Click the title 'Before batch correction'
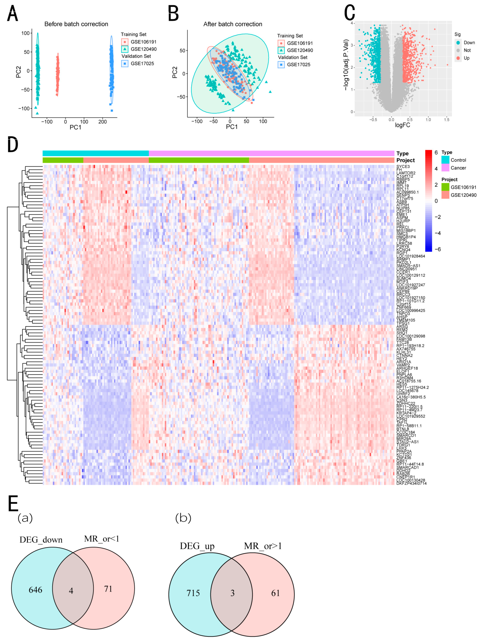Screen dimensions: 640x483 pyautogui.click(x=76, y=24)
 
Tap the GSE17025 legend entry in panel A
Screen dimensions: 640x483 pyautogui.click(x=142, y=63)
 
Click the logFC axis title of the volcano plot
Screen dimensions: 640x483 pyautogui.click(x=402, y=125)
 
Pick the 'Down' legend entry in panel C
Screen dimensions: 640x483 pyautogui.click(x=469, y=43)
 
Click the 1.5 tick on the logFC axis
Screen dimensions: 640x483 pyautogui.click(x=447, y=120)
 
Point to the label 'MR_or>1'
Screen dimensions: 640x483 pyautogui.click(x=263, y=546)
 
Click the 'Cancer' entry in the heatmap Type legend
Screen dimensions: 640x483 pyautogui.click(x=458, y=168)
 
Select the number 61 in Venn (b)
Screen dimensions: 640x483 pyautogui.click(x=275, y=593)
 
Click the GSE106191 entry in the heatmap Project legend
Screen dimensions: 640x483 pyautogui.click(x=463, y=187)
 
